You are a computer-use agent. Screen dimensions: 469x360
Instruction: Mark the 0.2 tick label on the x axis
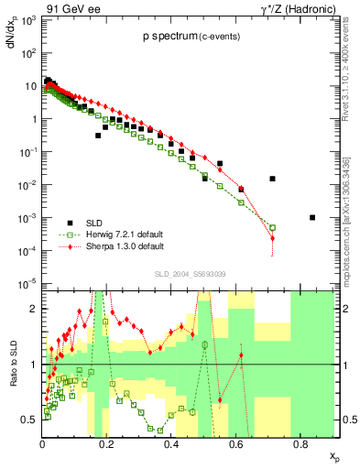pyautogui.click(x=107, y=445)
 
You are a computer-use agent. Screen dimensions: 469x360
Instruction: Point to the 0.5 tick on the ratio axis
pyautogui.click(x=29, y=420)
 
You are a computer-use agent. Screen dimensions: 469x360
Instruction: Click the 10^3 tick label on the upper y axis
pyautogui.click(x=27, y=20)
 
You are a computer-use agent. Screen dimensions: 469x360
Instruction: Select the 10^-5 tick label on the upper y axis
pyautogui.click(x=27, y=283)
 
